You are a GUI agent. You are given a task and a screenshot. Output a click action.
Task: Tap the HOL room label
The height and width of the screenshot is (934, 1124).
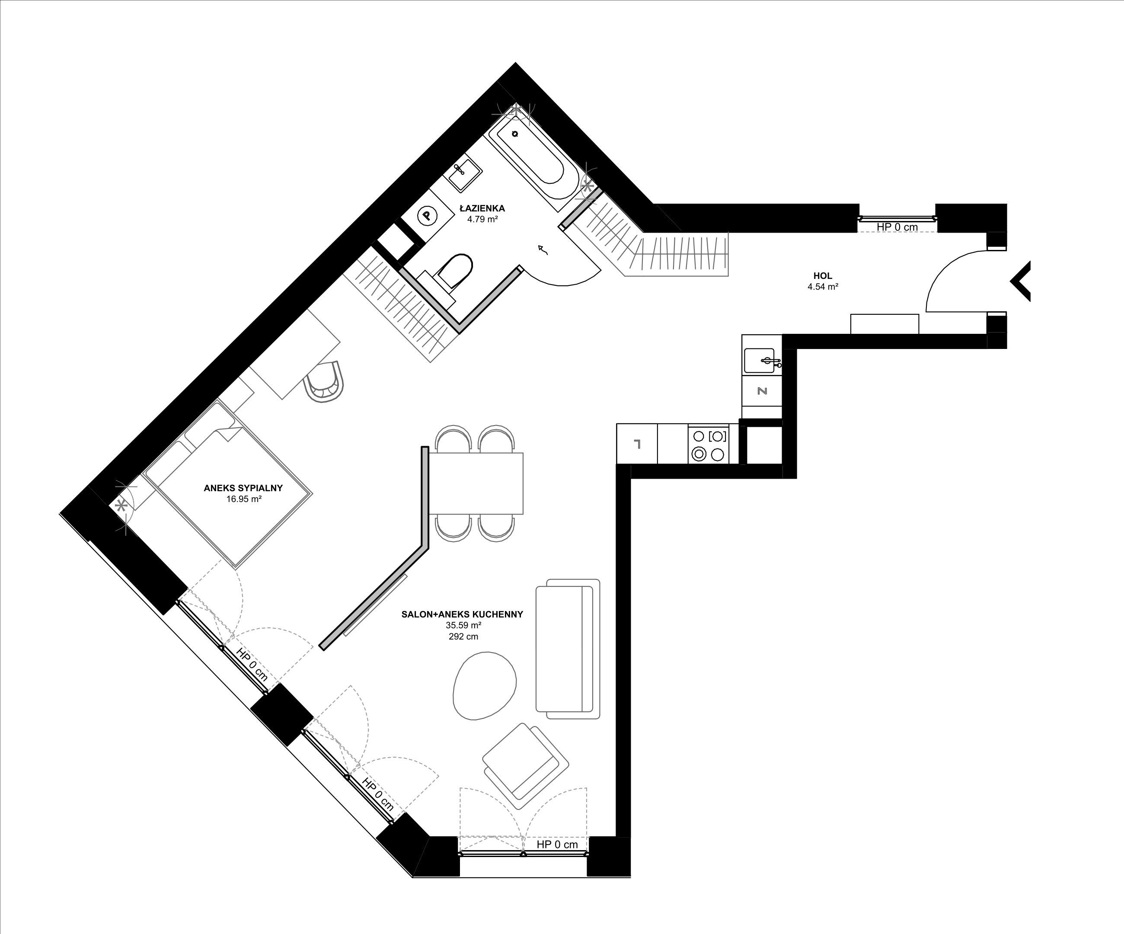click(823, 276)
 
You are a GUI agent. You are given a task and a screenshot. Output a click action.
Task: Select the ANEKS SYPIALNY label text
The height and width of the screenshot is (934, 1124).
click(243, 488)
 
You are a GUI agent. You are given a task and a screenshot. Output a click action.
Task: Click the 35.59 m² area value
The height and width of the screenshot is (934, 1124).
click(463, 625)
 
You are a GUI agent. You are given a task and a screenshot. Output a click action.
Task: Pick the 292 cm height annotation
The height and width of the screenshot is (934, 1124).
click(463, 637)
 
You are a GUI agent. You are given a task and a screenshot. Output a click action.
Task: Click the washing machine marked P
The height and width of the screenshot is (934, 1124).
click(427, 216)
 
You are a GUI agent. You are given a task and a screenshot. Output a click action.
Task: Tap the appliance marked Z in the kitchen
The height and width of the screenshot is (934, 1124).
click(762, 391)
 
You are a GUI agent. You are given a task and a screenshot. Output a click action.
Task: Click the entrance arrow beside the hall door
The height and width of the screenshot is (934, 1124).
click(1020, 281)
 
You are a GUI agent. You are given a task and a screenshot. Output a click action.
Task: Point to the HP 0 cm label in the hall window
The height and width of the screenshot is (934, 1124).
click(897, 227)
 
